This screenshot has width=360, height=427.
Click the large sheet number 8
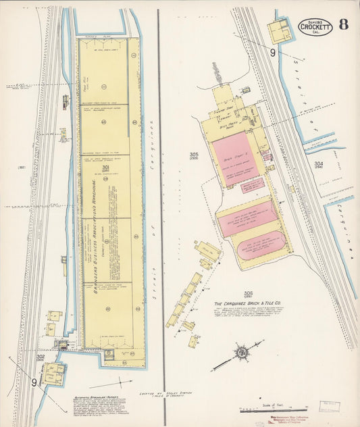[x=344, y=25]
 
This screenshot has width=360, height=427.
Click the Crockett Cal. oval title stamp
[x=315, y=26]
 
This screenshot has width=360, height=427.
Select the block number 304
[x=318, y=164]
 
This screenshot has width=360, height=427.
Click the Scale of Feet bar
[x=274, y=409]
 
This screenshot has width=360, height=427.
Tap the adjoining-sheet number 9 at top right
[x=273, y=52]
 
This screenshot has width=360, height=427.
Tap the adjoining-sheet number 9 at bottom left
[x=34, y=382]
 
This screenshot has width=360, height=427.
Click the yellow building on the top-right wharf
[x=279, y=30]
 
